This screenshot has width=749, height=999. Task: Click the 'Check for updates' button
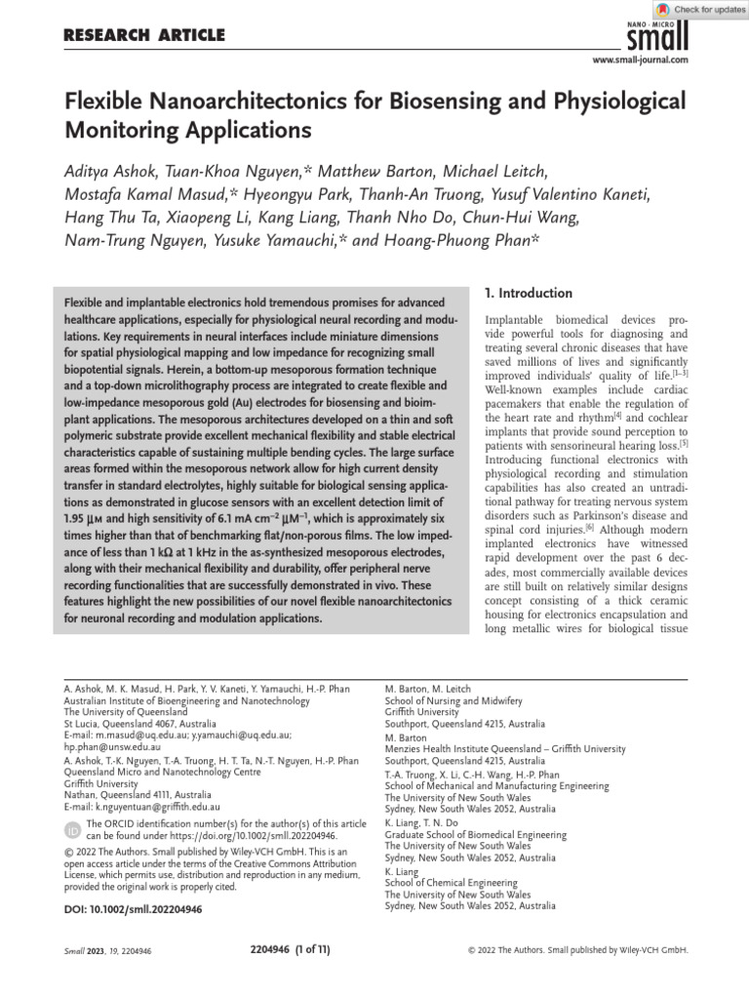click(x=701, y=9)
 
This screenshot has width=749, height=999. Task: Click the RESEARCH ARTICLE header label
click(x=143, y=36)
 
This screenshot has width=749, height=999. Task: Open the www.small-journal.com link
click(x=641, y=60)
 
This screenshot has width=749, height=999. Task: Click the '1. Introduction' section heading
click(x=528, y=293)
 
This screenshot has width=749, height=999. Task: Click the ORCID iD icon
click(x=71, y=830)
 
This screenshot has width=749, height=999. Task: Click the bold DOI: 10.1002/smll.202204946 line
click(x=133, y=909)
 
